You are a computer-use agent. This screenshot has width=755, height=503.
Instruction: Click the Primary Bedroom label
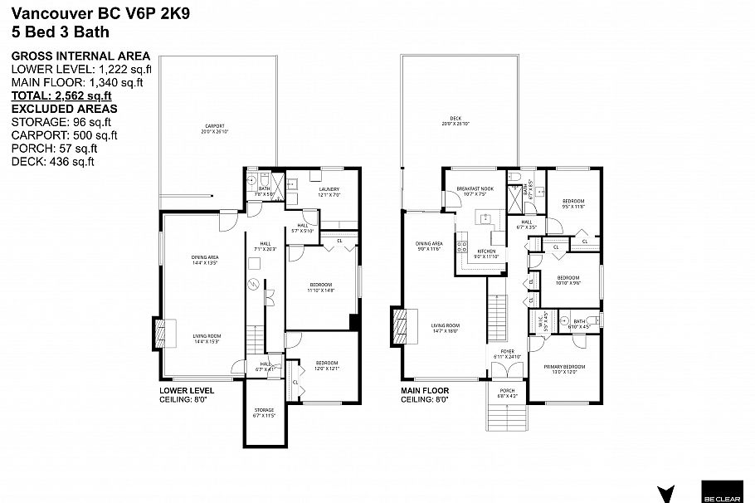pos(564,369)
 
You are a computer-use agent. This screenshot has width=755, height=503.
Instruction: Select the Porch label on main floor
pos(506,393)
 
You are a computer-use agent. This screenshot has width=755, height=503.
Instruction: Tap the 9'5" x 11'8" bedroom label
pos(572,203)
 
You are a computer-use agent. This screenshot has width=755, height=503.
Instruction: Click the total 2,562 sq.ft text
pos(61,95)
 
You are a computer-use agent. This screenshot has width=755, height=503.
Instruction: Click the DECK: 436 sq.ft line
pos(52,161)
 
